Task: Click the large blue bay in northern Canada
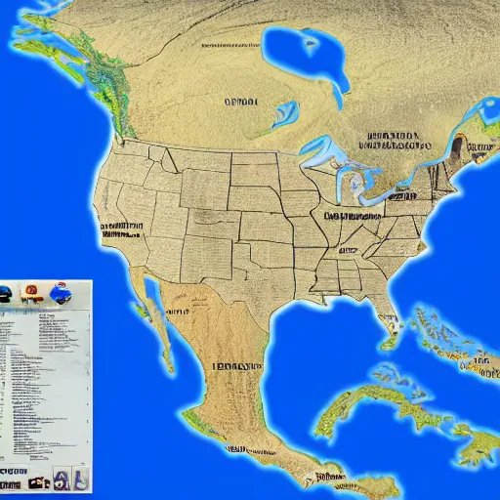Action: pyautogui.click(x=311, y=54)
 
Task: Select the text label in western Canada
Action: pyautogui.click(x=240, y=101)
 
